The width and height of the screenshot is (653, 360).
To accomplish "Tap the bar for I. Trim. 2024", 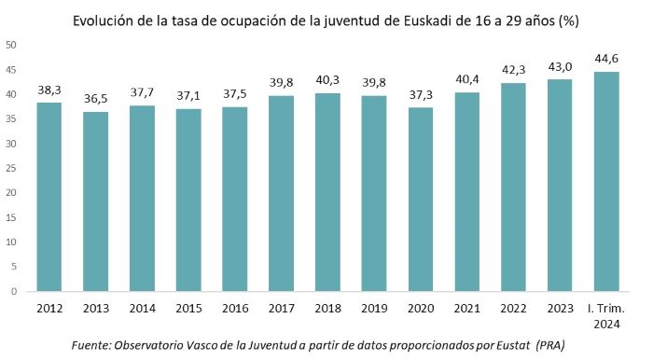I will [x=607, y=182].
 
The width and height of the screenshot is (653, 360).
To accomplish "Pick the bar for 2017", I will [x=282, y=193].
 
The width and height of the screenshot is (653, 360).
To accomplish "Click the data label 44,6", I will [x=607, y=59].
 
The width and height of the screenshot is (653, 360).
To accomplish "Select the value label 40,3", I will [x=328, y=80].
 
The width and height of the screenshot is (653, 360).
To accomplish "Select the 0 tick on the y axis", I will [x=13, y=291].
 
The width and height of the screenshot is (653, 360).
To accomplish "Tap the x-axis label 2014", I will [x=142, y=307].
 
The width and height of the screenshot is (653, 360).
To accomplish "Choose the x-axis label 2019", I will [x=375, y=307].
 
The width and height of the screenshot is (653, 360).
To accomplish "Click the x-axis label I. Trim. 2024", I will [x=607, y=313].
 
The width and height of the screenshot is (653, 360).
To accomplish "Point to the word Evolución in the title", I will [x=91, y=20].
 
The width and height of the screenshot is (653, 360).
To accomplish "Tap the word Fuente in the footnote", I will [x=94, y=345].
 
